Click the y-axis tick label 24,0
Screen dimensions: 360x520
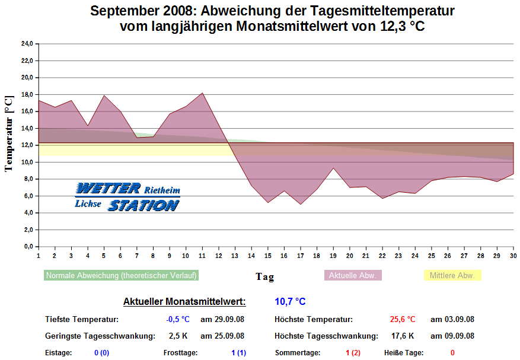26,44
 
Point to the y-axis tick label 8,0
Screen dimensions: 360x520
27,179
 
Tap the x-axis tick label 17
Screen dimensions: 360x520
301,256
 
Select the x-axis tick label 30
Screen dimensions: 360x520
513,256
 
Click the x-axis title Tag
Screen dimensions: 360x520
264,276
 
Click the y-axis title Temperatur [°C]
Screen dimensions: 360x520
9,134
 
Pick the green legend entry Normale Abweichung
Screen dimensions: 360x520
122,275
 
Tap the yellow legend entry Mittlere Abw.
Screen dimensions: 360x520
452,275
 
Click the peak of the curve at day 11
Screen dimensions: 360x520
202,93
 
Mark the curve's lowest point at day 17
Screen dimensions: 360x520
301,204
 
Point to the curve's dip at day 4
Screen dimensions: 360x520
88,126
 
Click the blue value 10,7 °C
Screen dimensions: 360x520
290,302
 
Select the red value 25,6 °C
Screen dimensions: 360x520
403,319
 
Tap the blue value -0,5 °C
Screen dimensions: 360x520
178,319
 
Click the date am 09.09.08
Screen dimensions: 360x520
452,336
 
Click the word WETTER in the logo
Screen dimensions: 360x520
108,189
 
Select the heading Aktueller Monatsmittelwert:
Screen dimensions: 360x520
184,302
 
